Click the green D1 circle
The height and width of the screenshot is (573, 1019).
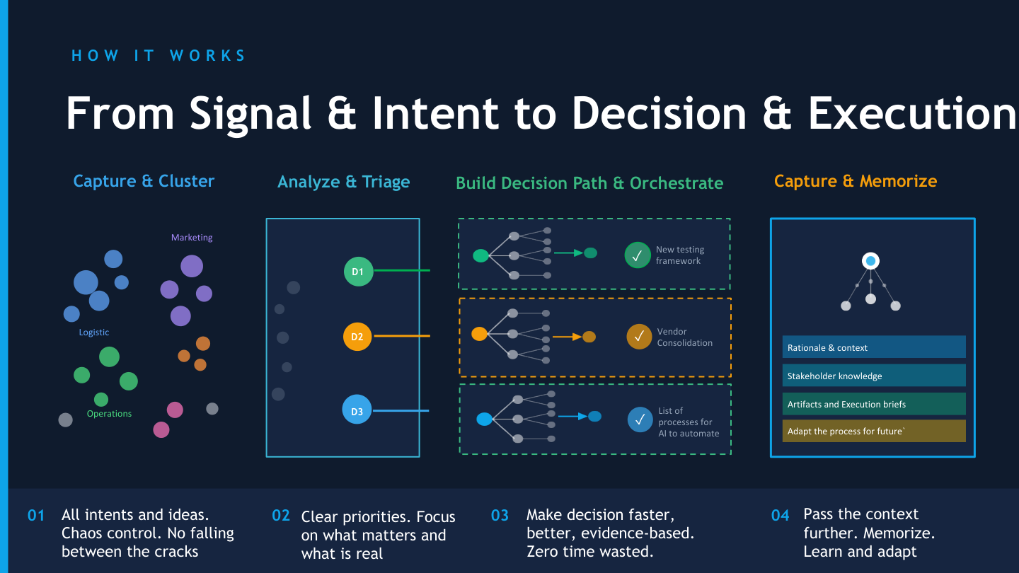coord(358,272)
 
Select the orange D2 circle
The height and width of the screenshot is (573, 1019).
coord(357,337)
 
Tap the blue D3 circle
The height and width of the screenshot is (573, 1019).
coord(357,411)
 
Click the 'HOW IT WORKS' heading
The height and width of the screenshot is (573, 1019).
coord(159,56)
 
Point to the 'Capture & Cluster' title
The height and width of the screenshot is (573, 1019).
coord(144,181)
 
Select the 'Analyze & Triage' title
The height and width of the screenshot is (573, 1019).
coord(343,182)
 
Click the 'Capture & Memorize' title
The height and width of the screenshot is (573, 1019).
coord(855,181)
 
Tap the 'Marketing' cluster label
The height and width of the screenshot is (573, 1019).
coord(192,238)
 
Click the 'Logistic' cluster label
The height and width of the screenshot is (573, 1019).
coord(94,332)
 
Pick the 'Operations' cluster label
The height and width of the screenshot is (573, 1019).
coord(109,414)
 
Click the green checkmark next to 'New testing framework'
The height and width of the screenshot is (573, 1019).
coord(638,255)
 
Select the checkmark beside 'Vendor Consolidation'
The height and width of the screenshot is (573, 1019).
coord(639,337)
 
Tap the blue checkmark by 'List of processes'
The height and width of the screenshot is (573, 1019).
coord(640,419)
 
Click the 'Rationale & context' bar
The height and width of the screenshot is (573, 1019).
coord(874,347)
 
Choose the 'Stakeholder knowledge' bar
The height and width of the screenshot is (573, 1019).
coord(874,376)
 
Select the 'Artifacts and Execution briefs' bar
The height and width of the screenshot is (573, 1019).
coord(874,404)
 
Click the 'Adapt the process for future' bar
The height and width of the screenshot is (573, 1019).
coord(874,432)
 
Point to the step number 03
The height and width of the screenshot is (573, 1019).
coord(500,516)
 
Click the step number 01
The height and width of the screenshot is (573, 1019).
coord(36,516)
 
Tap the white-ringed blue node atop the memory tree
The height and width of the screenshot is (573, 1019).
coord(870,261)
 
